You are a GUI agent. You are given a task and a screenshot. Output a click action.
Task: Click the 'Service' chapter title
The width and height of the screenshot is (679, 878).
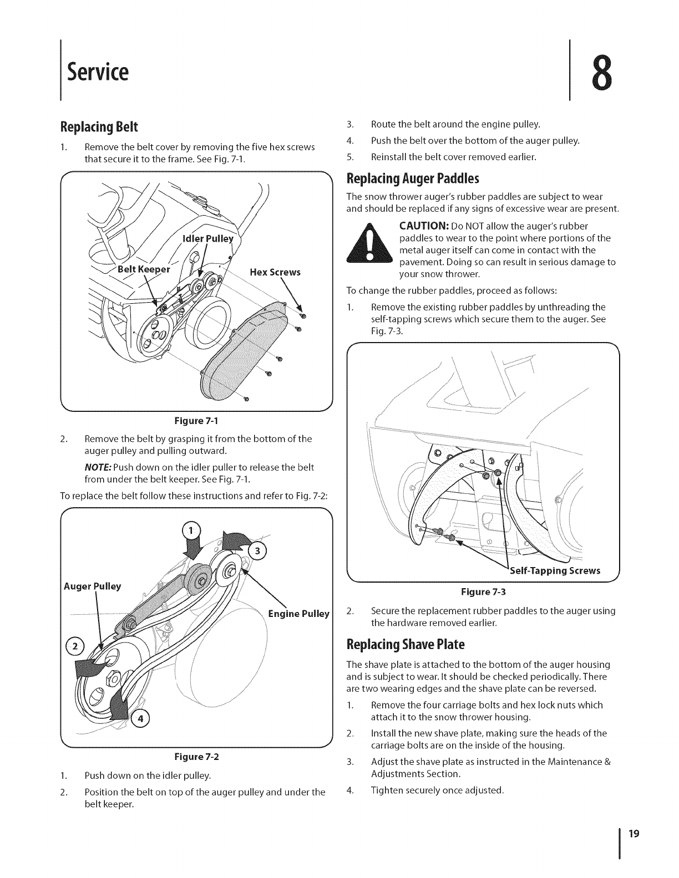[x=98, y=72]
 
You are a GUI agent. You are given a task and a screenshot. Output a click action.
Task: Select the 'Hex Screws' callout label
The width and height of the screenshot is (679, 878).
[x=275, y=272]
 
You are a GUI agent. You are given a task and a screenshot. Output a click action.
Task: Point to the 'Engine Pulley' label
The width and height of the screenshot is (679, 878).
[x=298, y=614]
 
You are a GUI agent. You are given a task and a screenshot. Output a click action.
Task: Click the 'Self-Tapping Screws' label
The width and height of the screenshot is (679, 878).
[x=554, y=571]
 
